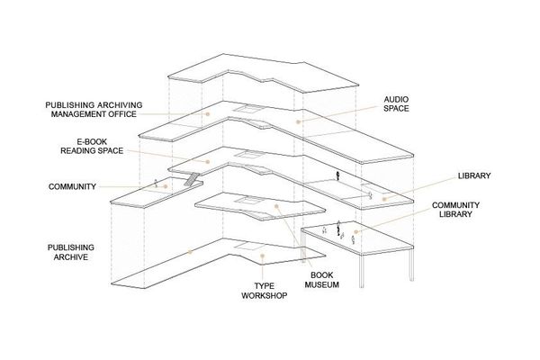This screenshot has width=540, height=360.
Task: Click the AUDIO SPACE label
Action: click(396, 104)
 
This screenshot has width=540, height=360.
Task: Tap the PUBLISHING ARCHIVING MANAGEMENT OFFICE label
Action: click(94, 110)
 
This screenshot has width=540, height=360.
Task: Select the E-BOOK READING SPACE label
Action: click(92, 147)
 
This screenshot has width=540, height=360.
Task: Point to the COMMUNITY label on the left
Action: click(72, 186)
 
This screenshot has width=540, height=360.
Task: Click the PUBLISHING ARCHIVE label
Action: click(70, 252)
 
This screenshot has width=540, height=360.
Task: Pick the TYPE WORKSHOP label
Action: click(264, 291)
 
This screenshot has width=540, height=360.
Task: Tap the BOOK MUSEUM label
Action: click(321, 280)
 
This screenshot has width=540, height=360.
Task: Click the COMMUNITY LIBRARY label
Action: click(455, 210)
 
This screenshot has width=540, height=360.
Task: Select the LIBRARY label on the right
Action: click(474, 175)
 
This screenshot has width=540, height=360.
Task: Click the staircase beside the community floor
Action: click(192, 179)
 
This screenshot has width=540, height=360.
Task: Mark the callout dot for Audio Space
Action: click(298, 122)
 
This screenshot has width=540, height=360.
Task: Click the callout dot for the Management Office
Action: click(208, 113)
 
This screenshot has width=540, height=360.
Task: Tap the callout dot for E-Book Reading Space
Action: click(208, 162)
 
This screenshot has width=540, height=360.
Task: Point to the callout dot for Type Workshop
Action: click(262, 256)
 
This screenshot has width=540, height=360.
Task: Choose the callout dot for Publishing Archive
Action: click(190, 252)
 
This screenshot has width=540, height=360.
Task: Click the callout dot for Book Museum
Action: click(276, 206)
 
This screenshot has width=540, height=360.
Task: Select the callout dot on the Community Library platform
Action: click(356, 231)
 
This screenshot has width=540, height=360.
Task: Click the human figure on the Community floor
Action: click(156, 183)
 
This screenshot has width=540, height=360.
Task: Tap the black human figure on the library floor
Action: click(338, 175)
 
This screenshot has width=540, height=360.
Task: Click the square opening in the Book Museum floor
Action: click(247, 200)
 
